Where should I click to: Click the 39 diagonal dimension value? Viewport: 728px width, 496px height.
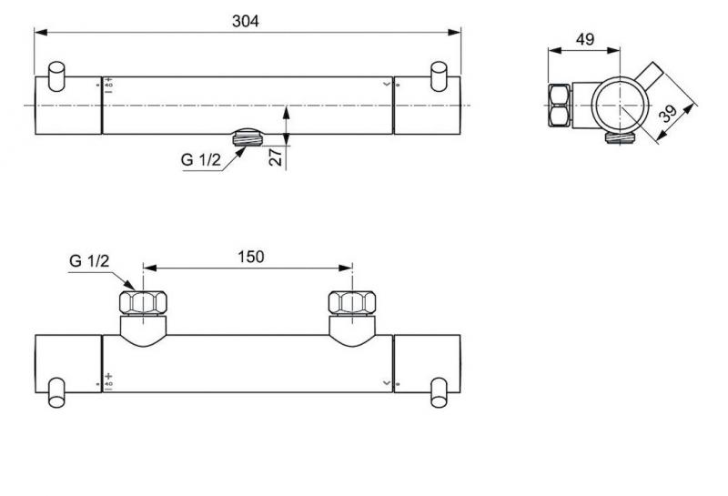tap(671, 112)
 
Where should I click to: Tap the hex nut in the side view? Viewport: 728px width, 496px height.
tap(558, 106)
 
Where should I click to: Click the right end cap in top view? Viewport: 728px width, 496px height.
tap(427, 106)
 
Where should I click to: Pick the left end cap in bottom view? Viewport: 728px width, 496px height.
tap(68, 364)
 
